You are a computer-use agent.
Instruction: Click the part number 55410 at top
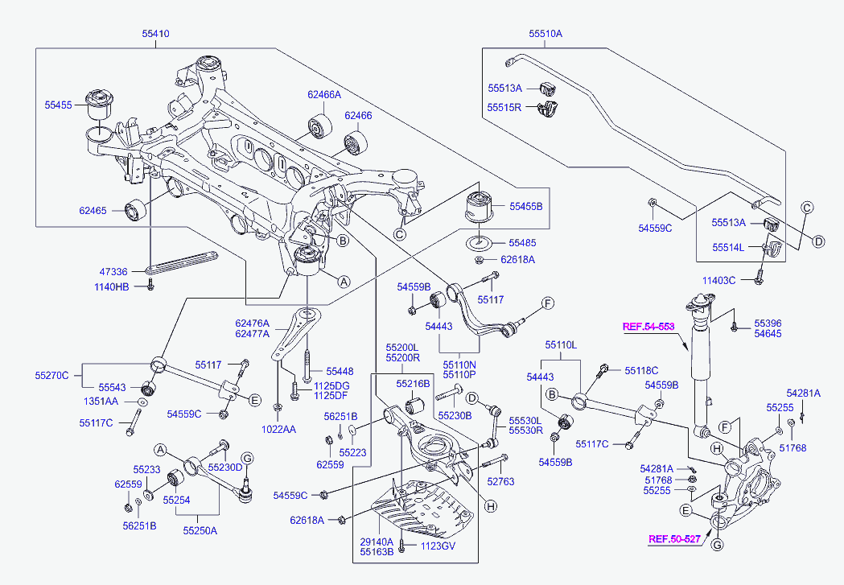155,35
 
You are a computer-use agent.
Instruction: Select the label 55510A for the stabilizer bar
546,35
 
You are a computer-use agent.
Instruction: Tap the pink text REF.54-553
648,327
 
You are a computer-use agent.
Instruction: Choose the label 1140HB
111,286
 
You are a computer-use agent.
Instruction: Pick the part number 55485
521,242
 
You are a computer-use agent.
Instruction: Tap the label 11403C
718,281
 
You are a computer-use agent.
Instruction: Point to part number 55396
768,323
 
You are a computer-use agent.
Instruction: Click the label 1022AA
279,430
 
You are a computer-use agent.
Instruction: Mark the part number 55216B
412,384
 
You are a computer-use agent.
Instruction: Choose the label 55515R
504,106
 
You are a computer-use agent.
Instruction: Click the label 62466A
324,94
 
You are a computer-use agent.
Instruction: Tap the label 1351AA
101,401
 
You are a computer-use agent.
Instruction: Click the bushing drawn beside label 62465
134,210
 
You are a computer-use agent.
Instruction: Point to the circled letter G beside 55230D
248,458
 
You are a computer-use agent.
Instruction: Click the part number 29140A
377,542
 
